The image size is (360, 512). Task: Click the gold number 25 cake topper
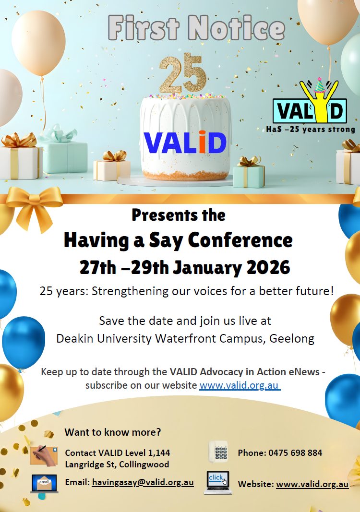(182, 73)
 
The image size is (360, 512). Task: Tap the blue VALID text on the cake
(185, 143)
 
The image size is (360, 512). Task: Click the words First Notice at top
(196, 28)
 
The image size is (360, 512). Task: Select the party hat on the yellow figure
(320, 85)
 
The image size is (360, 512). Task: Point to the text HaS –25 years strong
(311, 129)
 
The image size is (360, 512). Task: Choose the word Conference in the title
(240, 240)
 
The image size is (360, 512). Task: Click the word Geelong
(292, 339)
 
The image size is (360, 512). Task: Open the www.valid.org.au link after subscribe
(240, 385)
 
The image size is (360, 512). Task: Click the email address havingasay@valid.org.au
(143, 482)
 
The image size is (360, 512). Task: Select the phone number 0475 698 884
(295, 453)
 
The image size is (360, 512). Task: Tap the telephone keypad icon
(218, 451)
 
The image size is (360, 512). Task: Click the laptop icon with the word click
(218, 482)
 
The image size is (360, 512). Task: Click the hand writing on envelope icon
(44, 456)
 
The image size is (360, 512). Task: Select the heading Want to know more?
(113, 432)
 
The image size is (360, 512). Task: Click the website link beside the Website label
(312, 484)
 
